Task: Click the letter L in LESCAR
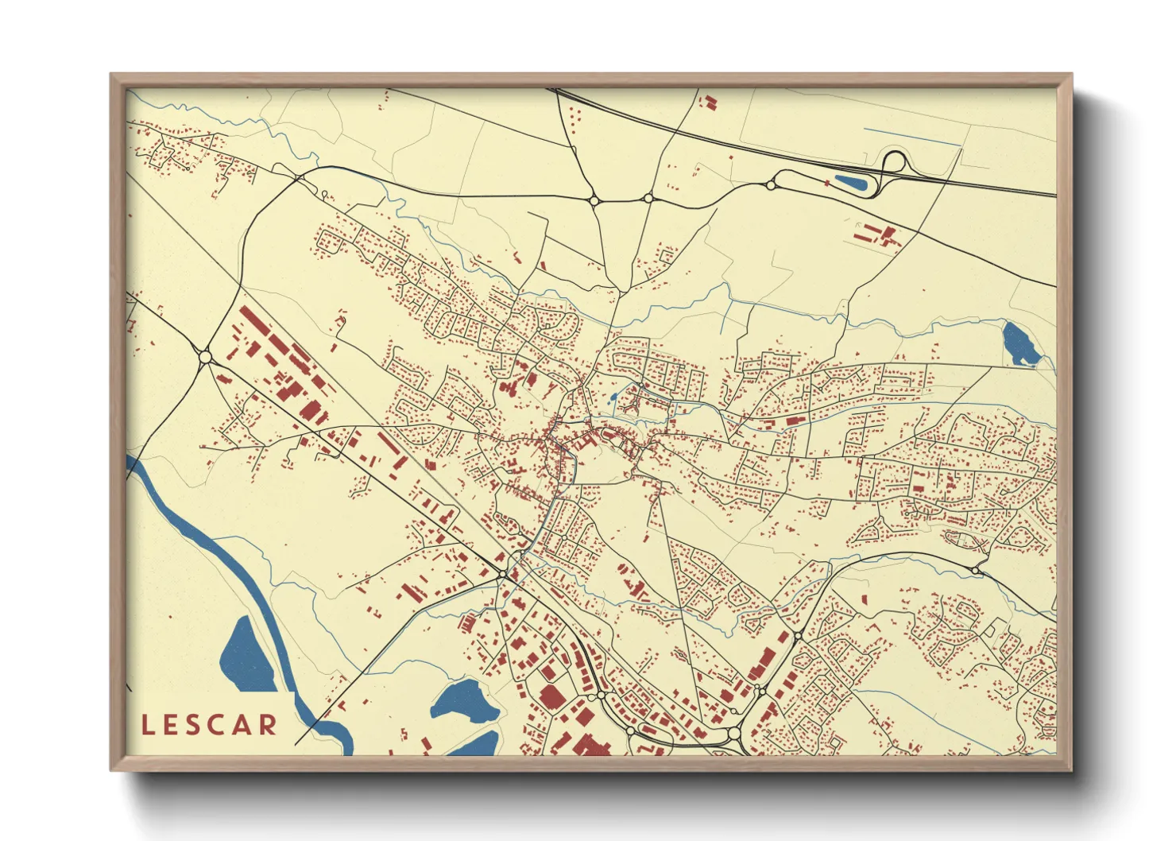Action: coord(148,725)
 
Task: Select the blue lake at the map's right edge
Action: coord(1016,343)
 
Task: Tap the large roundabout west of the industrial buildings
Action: coord(206,358)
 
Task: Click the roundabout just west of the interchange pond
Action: coord(770,185)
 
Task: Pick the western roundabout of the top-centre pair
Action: coord(594,200)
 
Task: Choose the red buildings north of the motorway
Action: coord(707,102)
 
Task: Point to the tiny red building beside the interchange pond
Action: coord(827,184)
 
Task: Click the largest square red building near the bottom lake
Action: coord(551,696)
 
